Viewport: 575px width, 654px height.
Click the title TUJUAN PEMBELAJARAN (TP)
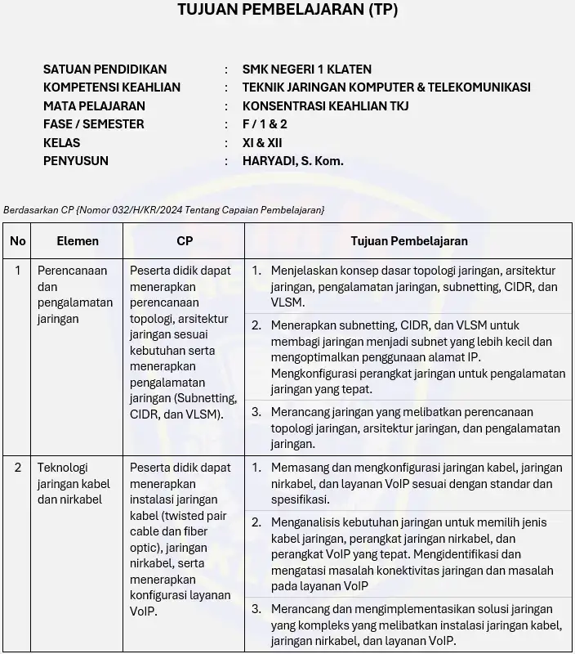[x=287, y=11]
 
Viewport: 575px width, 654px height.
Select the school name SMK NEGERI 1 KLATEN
[x=306, y=69]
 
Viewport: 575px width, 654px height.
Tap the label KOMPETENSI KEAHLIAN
[x=112, y=87]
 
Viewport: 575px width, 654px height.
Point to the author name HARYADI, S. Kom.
[x=292, y=161]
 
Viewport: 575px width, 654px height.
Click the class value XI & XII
[x=262, y=142]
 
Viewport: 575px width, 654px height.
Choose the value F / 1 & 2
[x=265, y=124]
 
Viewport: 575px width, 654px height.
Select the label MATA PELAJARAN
[x=94, y=105]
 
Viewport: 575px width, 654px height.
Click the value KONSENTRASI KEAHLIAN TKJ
[x=325, y=105]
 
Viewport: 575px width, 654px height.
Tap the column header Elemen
[x=78, y=241]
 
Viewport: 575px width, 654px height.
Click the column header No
[x=18, y=241]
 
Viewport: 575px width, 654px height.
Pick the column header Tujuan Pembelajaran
[x=409, y=241]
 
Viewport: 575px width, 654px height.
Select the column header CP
[x=185, y=241]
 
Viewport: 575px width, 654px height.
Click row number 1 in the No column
[x=18, y=271]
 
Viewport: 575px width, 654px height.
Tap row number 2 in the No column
[x=18, y=468]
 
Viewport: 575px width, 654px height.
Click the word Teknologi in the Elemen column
[x=62, y=468]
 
